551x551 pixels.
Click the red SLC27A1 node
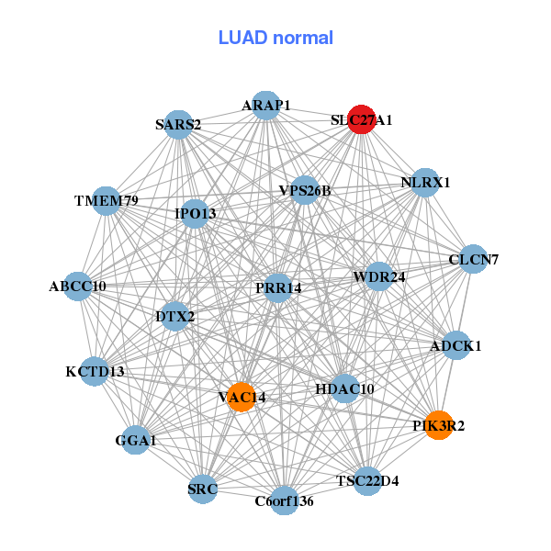click(x=362, y=120)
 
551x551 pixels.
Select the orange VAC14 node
click(x=241, y=397)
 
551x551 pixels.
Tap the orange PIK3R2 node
click(x=439, y=425)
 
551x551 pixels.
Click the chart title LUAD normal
click(x=275, y=38)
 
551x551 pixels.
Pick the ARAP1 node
click(x=265, y=106)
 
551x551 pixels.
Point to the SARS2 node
click(x=177, y=124)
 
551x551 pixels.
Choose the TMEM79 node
click(x=107, y=200)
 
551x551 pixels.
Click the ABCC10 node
click(x=78, y=287)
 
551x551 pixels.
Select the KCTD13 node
click(x=95, y=372)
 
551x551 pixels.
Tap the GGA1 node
click(x=136, y=441)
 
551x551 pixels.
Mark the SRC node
click(x=203, y=489)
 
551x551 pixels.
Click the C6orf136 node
click(x=284, y=501)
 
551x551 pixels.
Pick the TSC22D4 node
click(x=367, y=480)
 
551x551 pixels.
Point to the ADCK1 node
click(x=455, y=346)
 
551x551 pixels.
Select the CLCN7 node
click(x=473, y=260)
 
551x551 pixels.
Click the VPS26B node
click(x=305, y=191)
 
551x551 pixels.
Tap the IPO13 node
click(x=196, y=214)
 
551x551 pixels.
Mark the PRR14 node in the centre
click(x=278, y=288)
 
